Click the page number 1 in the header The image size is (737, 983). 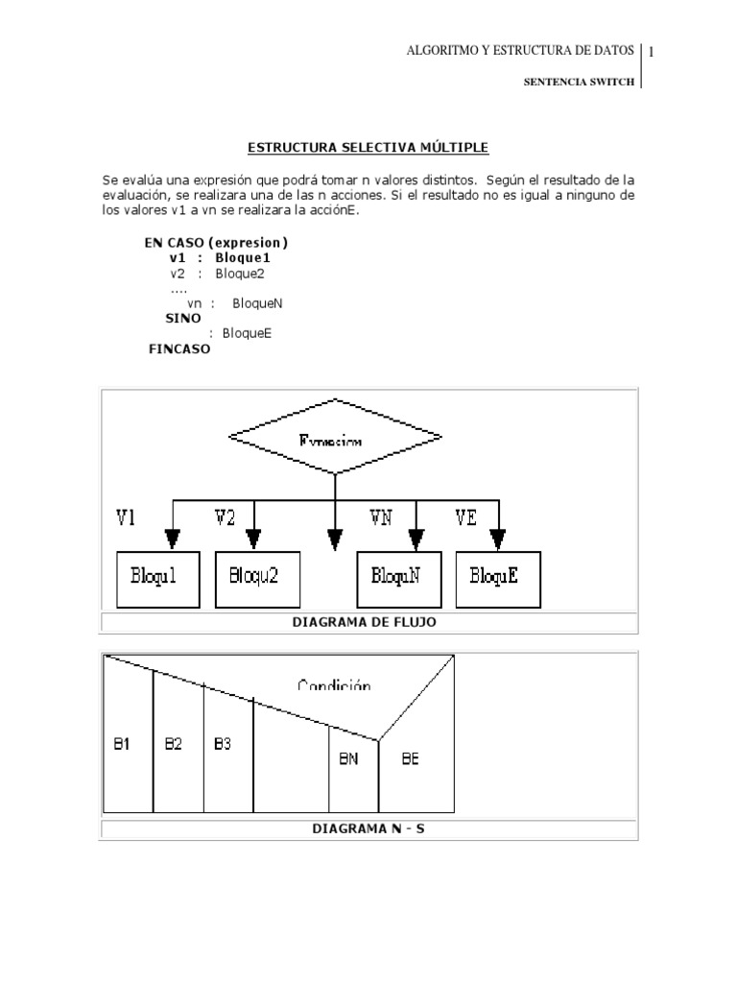coord(651,52)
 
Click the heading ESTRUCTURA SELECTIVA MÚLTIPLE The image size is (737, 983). coord(368,148)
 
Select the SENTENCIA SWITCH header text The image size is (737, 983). coord(578,83)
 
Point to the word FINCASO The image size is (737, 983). coord(179,349)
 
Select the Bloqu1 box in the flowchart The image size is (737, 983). coord(159,579)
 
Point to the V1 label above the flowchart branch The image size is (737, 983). coord(127,518)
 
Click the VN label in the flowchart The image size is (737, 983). coord(382,518)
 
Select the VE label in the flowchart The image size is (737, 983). coord(465,518)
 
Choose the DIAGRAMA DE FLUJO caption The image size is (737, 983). coord(368,622)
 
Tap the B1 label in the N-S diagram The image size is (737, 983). coord(122,744)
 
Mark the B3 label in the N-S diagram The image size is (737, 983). coord(223,744)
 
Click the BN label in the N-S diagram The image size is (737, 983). coord(349,758)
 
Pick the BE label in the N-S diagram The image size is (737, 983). coord(411,758)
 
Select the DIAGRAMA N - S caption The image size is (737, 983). coord(368,827)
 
